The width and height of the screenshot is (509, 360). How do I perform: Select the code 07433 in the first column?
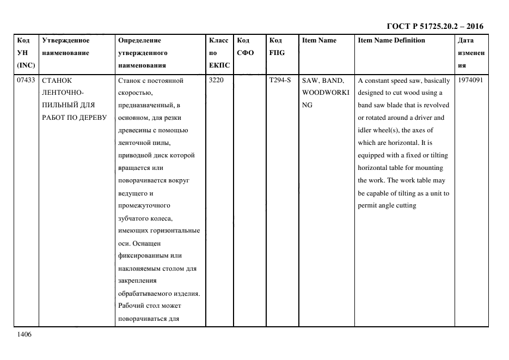tap(26, 81)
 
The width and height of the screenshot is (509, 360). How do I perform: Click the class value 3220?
tap(217, 81)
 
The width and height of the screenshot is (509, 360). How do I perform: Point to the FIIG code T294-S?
tap(280, 81)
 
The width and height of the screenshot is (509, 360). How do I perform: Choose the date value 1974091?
tap(471, 81)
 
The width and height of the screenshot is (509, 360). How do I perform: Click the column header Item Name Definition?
tap(391, 40)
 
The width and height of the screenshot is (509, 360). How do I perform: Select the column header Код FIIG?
tap(277, 47)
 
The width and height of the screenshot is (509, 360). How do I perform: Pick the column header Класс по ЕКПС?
tap(219, 53)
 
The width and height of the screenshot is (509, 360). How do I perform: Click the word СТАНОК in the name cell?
tap(57, 81)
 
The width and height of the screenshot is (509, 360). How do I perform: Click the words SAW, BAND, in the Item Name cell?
tap(323, 81)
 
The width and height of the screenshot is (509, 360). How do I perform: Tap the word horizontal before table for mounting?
tap(375, 168)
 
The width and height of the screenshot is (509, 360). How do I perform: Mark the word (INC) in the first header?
tap(26, 65)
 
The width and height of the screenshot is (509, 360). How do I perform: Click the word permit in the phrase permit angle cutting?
tap(368, 205)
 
